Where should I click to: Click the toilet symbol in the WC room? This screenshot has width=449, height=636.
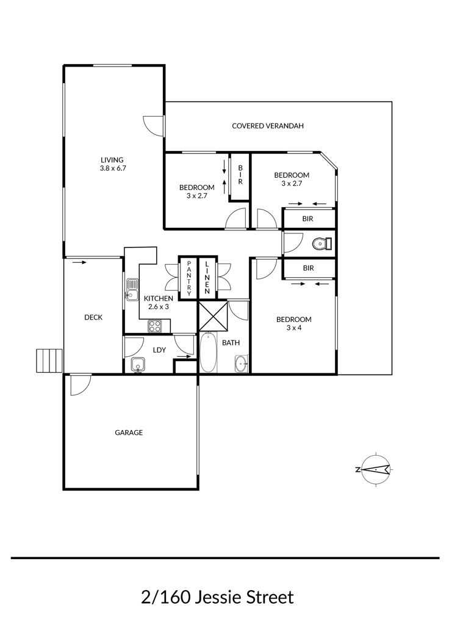click(x=322, y=244)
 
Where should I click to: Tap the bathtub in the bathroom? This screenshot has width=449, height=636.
click(x=208, y=352)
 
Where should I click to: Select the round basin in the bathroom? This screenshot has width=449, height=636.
click(x=242, y=364)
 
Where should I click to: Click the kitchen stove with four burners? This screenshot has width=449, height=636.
click(x=155, y=326)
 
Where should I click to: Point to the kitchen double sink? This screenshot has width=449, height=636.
click(x=132, y=289)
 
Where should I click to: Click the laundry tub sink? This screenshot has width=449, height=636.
click(x=138, y=365)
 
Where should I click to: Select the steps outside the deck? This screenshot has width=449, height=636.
click(x=49, y=360)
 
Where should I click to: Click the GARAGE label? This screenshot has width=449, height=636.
click(x=129, y=433)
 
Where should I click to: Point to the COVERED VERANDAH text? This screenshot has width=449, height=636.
click(x=268, y=126)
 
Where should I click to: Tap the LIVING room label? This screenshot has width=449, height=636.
click(x=112, y=160)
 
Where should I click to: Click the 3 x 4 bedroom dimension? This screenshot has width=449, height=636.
click(x=294, y=327)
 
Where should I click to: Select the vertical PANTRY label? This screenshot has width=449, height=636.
click(x=189, y=278)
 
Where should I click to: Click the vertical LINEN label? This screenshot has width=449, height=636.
click(x=207, y=278)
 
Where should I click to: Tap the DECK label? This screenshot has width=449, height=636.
click(x=93, y=318)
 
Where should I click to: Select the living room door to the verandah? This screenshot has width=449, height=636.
click(x=154, y=125)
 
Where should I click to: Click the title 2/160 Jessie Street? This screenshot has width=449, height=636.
click(x=217, y=598)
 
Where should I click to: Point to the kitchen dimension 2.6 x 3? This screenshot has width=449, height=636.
click(x=158, y=307)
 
